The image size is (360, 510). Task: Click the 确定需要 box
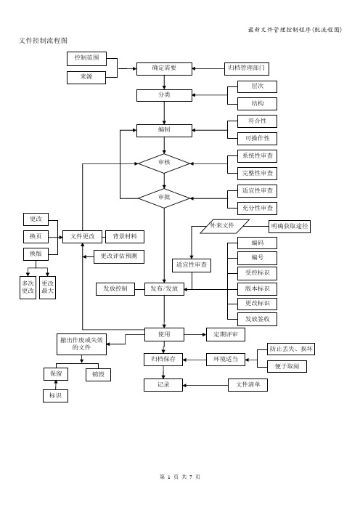(164, 68)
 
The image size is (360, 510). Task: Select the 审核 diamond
(164, 163)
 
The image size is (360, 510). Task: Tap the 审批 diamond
(164, 198)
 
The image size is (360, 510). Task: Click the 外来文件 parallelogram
(224, 227)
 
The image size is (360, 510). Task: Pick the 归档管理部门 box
(247, 68)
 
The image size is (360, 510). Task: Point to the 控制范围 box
(87, 59)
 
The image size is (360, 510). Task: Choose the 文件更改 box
(83, 237)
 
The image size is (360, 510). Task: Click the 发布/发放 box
(164, 289)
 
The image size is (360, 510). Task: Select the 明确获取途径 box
(290, 227)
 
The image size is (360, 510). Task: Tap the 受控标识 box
(258, 273)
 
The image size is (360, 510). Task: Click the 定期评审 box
(226, 335)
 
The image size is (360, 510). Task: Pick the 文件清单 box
(248, 385)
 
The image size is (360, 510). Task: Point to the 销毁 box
(98, 375)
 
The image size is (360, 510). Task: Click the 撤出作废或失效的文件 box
(81, 344)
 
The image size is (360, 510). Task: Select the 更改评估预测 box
(119, 256)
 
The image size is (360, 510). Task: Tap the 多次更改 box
(28, 288)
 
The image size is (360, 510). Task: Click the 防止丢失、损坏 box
(291, 349)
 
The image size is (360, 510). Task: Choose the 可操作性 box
(258, 139)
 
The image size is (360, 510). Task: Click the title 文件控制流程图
(44, 41)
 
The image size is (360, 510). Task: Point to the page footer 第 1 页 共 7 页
(180, 477)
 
